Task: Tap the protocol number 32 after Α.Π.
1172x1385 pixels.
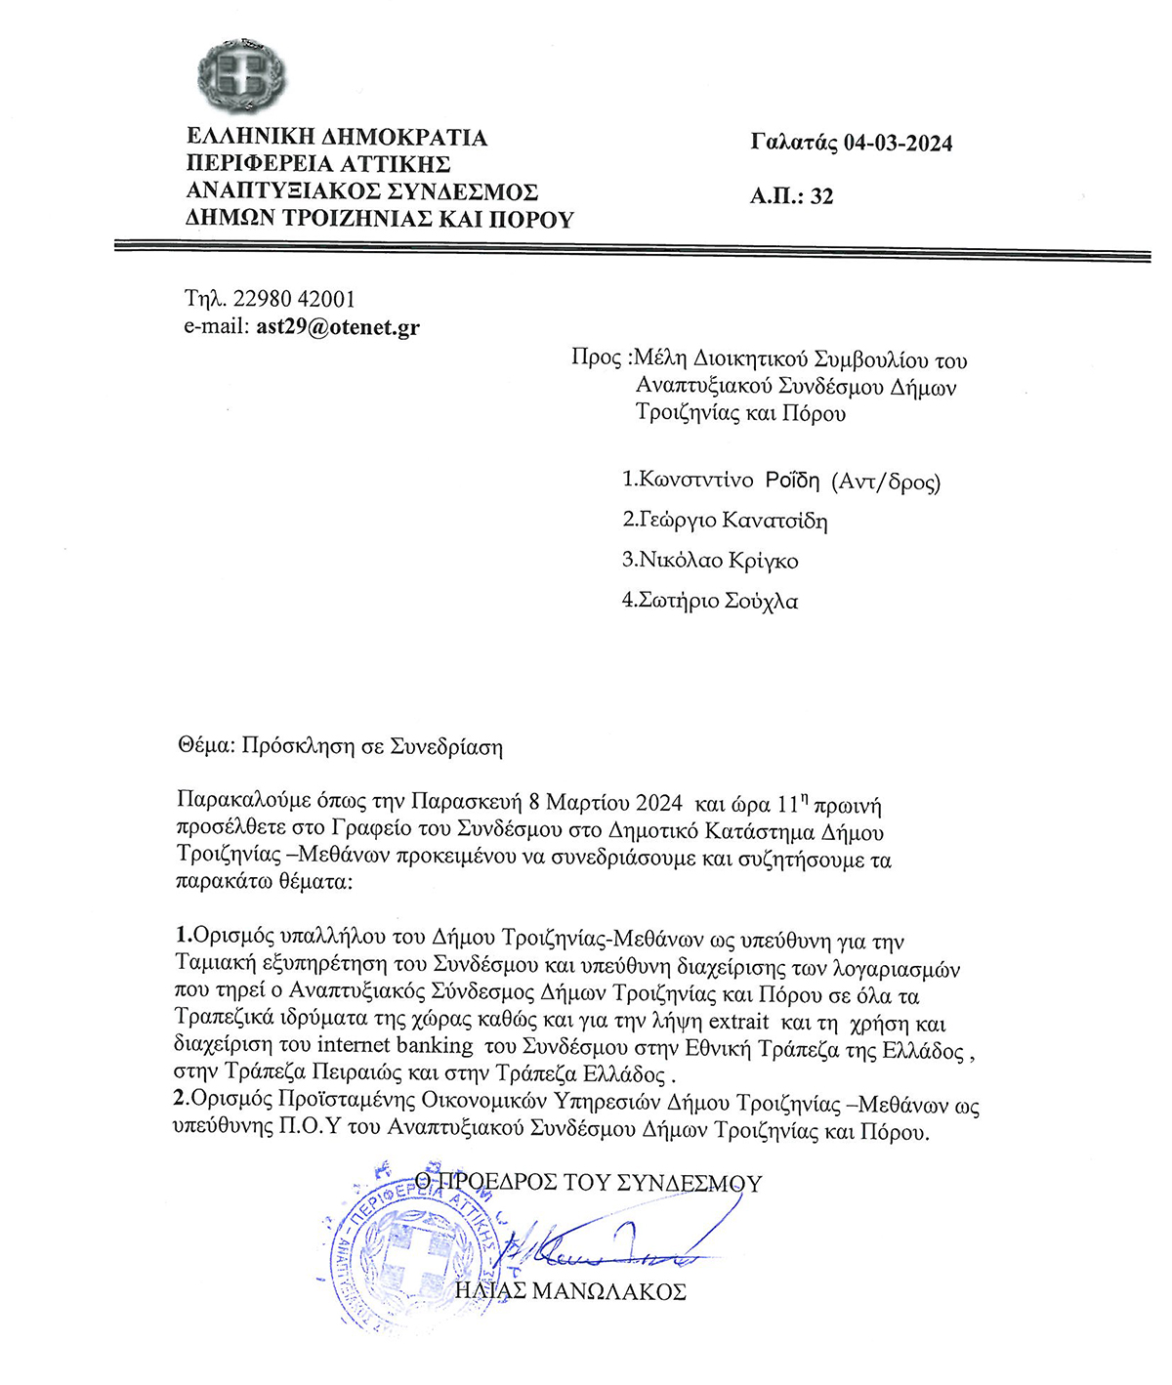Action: (822, 196)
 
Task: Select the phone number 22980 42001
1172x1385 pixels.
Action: (294, 299)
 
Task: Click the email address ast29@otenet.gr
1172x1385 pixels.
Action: (338, 326)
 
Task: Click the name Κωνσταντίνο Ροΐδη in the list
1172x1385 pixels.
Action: (729, 481)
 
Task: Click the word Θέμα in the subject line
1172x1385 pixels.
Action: (204, 747)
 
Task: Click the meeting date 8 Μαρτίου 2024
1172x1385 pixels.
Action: (605, 804)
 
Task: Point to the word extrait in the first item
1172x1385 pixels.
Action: (738, 1024)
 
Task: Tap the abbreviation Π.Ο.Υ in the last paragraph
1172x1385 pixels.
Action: (312, 1128)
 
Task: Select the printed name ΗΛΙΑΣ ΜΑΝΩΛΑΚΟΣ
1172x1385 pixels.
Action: (571, 1291)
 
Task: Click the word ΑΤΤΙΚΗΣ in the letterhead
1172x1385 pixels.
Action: (396, 164)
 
